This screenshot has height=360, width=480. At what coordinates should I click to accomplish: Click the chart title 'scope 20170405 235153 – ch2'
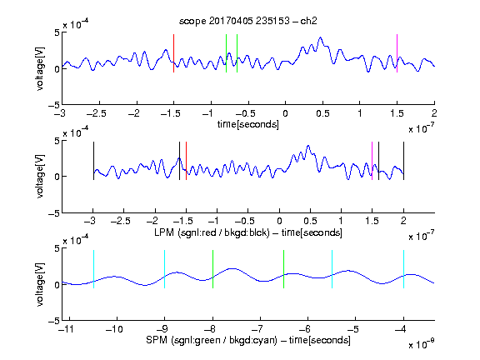[248, 21]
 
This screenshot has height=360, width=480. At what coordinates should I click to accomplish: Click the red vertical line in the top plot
[173, 53]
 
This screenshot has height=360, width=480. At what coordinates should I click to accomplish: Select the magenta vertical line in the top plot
[397, 53]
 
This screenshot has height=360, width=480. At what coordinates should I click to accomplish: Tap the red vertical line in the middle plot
[186, 161]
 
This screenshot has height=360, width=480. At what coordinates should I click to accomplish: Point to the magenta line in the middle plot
[372, 161]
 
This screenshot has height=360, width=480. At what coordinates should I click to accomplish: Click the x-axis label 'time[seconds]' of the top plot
[248, 125]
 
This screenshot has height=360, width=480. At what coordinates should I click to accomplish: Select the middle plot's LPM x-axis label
[248, 232]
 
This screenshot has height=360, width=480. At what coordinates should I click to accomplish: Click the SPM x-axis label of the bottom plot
[248, 340]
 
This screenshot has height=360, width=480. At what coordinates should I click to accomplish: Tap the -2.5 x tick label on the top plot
[97, 113]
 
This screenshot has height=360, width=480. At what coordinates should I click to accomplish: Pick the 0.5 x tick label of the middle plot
[310, 221]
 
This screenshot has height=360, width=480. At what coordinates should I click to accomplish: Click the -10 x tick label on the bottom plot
[114, 329]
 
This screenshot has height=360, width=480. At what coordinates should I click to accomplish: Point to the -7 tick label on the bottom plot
[260, 329]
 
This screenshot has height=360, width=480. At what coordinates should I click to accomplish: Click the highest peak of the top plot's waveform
[321, 37]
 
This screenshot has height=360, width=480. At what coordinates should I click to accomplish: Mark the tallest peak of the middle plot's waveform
[308, 145]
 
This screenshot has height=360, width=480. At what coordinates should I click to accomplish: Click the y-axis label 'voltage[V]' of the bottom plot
[40, 284]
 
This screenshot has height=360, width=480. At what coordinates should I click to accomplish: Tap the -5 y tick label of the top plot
[54, 105]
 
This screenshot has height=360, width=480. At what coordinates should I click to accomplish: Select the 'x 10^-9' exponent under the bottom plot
[421, 344]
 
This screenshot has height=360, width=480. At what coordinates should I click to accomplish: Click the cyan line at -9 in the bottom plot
[164, 269]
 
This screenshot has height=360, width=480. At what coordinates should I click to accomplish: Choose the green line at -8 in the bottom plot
[212, 269]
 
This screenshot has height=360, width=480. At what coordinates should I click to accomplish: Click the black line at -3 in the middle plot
[93, 161]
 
